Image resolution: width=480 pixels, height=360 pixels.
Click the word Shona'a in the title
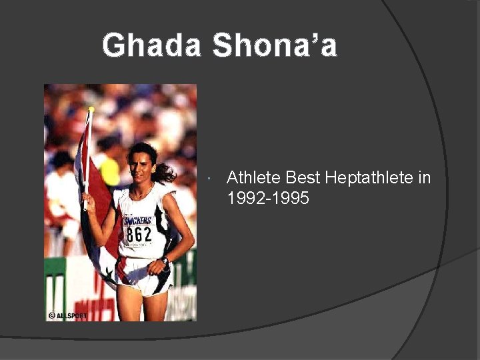pyautogui.click(x=275, y=46)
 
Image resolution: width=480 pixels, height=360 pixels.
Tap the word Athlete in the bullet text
pyautogui.click(x=254, y=178)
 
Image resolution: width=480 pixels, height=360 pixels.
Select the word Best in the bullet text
pyautogui.click(x=303, y=178)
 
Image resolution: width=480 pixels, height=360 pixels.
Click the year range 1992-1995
pyautogui.click(x=268, y=198)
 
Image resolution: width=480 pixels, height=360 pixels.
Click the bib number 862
pyautogui.click(x=139, y=235)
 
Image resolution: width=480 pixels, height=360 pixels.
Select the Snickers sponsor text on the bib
pyautogui.click(x=138, y=220)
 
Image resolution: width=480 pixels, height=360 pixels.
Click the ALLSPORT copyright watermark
pyautogui.click(x=68, y=315)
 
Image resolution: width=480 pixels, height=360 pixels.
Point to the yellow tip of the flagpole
pyautogui.click(x=91, y=109)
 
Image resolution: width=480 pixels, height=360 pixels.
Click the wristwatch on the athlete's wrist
pyautogui.click(x=164, y=261)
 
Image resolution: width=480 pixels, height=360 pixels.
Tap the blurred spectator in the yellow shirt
pyautogui.click(x=109, y=171)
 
